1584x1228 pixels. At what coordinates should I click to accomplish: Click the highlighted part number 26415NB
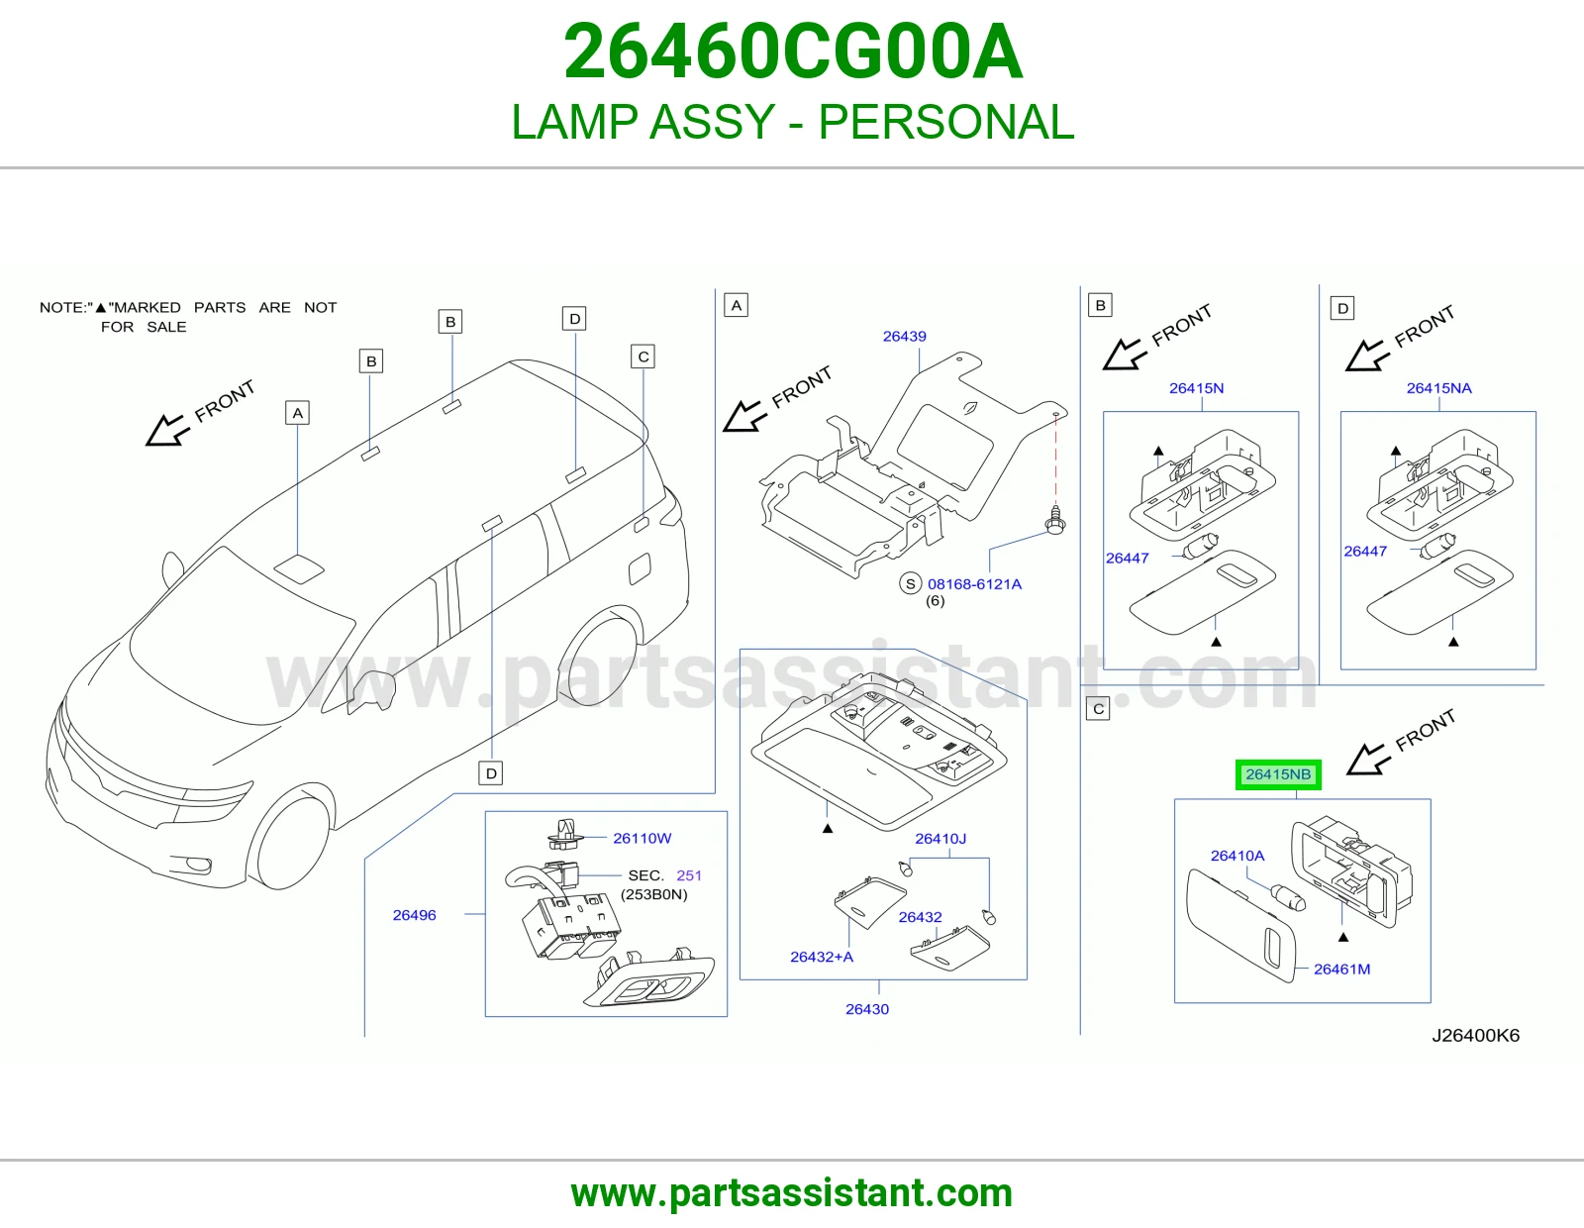point(1278,774)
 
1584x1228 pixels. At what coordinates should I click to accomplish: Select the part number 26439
point(904,336)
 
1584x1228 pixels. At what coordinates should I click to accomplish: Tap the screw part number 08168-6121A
point(974,584)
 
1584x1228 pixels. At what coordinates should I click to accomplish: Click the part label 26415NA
point(1438,388)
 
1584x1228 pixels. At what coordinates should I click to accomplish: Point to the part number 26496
point(414,915)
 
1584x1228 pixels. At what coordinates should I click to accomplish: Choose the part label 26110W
point(642,839)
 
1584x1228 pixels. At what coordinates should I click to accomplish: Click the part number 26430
point(866,1009)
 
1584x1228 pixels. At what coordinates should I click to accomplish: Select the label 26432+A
point(822,957)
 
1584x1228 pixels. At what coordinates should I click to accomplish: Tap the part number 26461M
point(1341,970)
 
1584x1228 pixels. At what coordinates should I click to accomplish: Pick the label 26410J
point(940,839)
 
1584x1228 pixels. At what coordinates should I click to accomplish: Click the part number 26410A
point(1237,856)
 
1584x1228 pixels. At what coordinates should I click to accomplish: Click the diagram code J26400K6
point(1475,1036)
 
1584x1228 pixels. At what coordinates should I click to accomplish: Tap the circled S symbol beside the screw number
point(910,583)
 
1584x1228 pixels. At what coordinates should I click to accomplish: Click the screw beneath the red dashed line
point(1054,520)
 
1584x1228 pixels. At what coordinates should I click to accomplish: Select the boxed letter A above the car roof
point(297,413)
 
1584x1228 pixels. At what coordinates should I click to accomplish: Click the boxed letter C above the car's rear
point(643,357)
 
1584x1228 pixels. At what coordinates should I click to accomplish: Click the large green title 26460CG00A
point(793,51)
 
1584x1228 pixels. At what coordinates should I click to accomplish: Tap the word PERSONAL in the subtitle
point(946,122)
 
